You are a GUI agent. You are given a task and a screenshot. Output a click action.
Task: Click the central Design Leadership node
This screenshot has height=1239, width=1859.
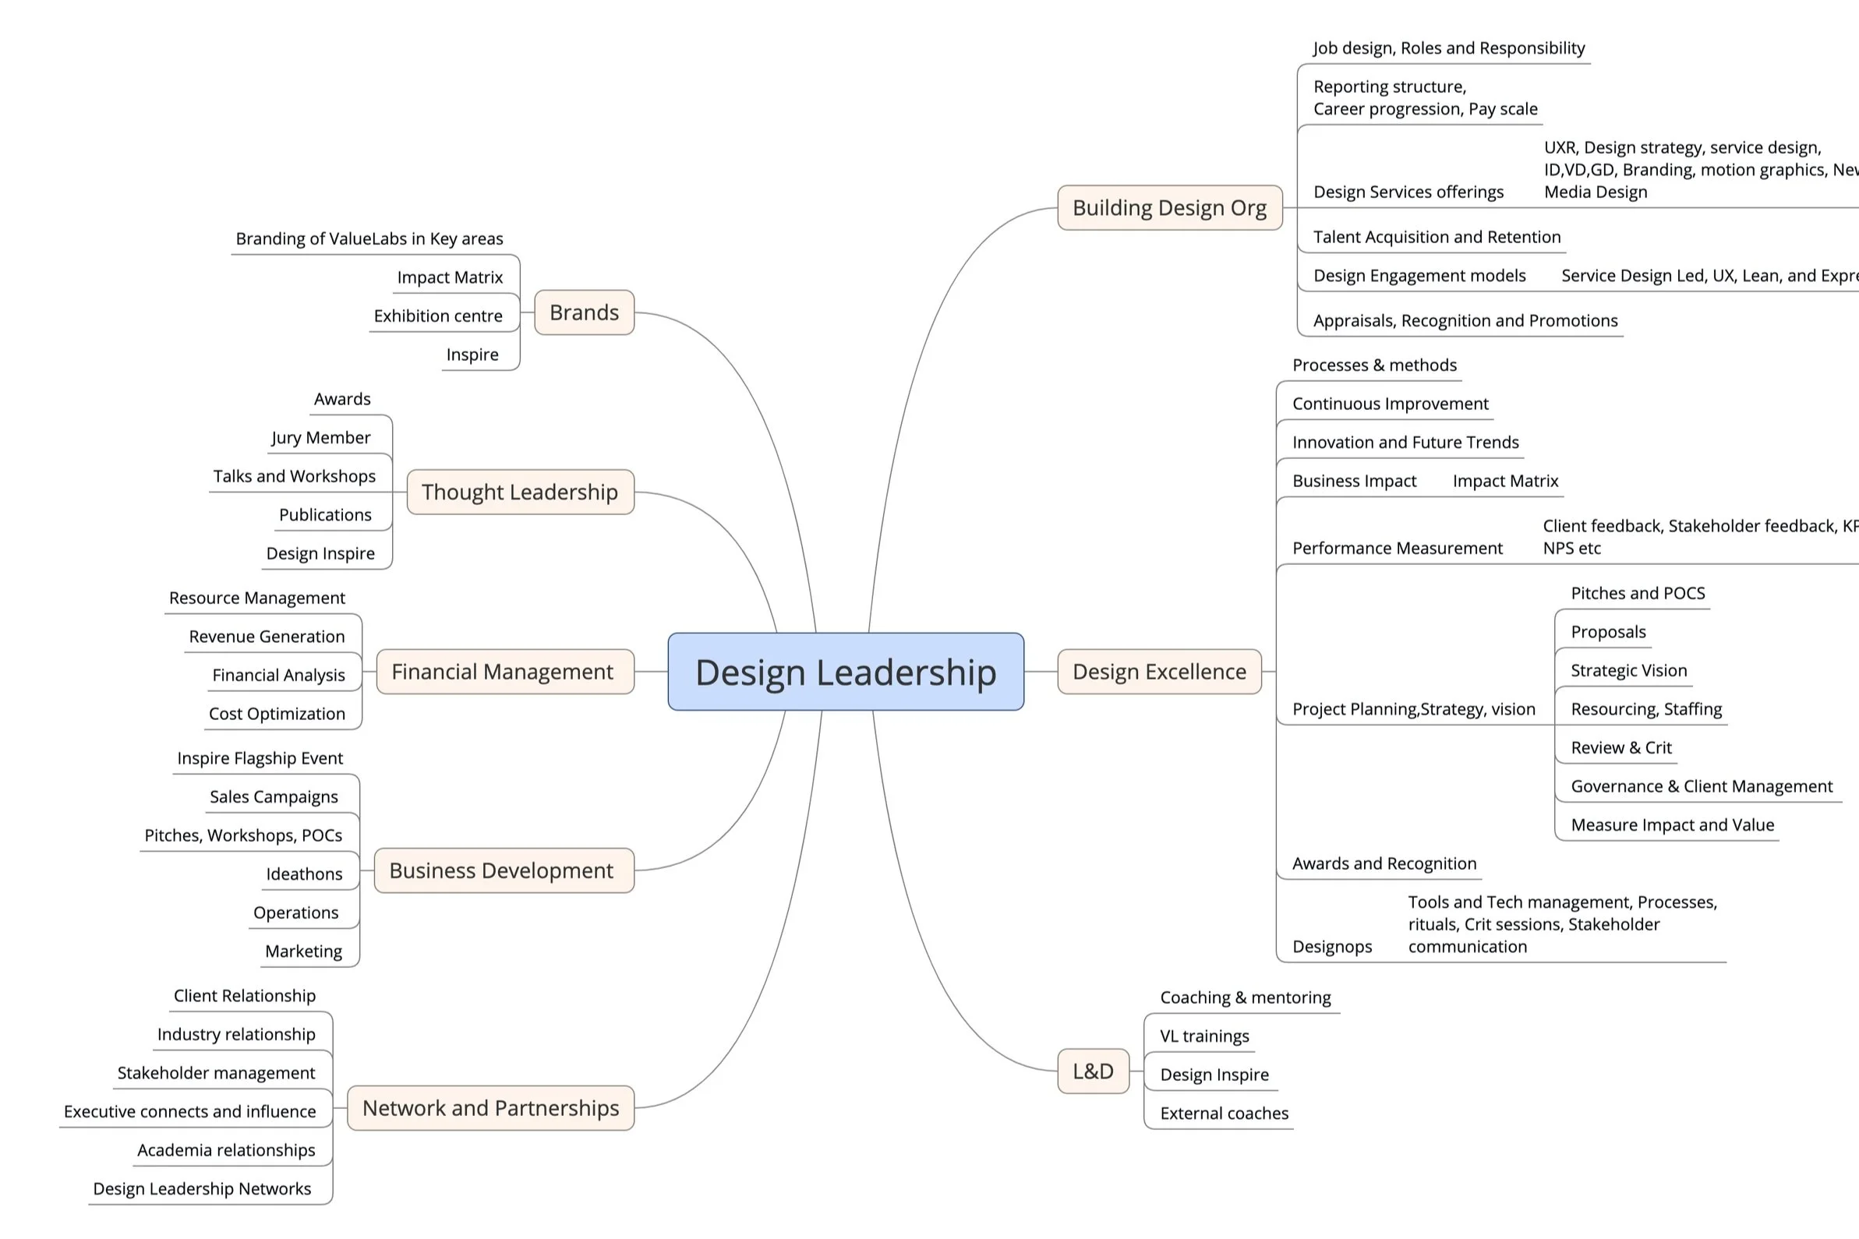pyautogui.click(x=846, y=672)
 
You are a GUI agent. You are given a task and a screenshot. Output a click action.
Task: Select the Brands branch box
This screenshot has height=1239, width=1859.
pyautogui.click(x=584, y=313)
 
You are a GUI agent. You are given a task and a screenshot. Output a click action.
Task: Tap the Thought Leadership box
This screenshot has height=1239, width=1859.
pyautogui.click(x=520, y=492)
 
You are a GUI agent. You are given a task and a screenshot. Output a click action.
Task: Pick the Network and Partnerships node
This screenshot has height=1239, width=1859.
pyautogui.click(x=491, y=1108)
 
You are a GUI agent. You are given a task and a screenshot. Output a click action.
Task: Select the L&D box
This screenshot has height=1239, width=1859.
pyautogui.click(x=1093, y=1071)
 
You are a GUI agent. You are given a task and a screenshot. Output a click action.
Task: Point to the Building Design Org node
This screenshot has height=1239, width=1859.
pyautogui.click(x=1170, y=208)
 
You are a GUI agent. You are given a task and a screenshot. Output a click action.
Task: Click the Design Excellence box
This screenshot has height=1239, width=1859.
pyautogui.click(x=1160, y=672)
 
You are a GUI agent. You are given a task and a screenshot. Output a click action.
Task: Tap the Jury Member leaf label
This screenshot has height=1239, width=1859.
pyautogui.click(x=321, y=438)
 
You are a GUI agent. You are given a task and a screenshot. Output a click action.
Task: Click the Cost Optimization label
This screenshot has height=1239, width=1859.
pyautogui.click(x=277, y=714)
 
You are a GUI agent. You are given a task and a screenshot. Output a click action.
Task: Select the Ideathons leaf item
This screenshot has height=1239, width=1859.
pyautogui.click(x=304, y=874)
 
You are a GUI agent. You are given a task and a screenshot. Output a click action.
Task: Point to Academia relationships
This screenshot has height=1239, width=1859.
pyautogui.click(x=226, y=1149)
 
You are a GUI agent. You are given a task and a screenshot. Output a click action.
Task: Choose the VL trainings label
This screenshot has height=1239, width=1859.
pyautogui.click(x=1204, y=1036)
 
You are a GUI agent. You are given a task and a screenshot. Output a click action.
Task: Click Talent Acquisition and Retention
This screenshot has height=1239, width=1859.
pyautogui.click(x=1437, y=237)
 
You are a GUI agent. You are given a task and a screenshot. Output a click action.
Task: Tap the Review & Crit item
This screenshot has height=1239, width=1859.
pyautogui.click(x=1621, y=747)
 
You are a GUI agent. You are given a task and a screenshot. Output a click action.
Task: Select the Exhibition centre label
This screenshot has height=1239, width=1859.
pyautogui.click(x=438, y=316)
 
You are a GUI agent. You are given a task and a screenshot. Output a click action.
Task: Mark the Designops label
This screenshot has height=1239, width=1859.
pyautogui.click(x=1332, y=947)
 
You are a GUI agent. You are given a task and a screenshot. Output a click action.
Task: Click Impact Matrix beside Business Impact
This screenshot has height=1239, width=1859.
pyautogui.click(x=1506, y=482)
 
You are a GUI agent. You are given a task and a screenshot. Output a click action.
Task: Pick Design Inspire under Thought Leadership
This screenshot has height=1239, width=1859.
pyautogui.click(x=321, y=553)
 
